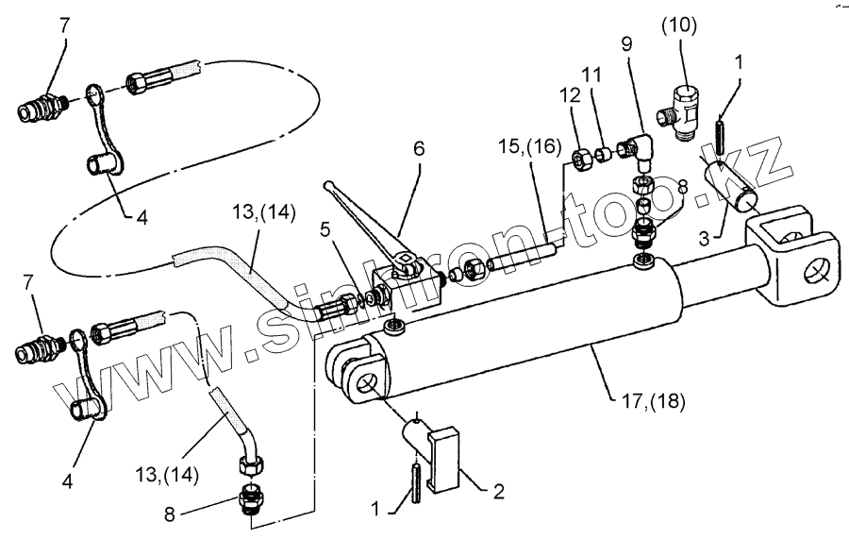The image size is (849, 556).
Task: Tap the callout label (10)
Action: [x=678, y=25]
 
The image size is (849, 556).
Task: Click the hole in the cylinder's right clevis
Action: [x=814, y=276]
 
